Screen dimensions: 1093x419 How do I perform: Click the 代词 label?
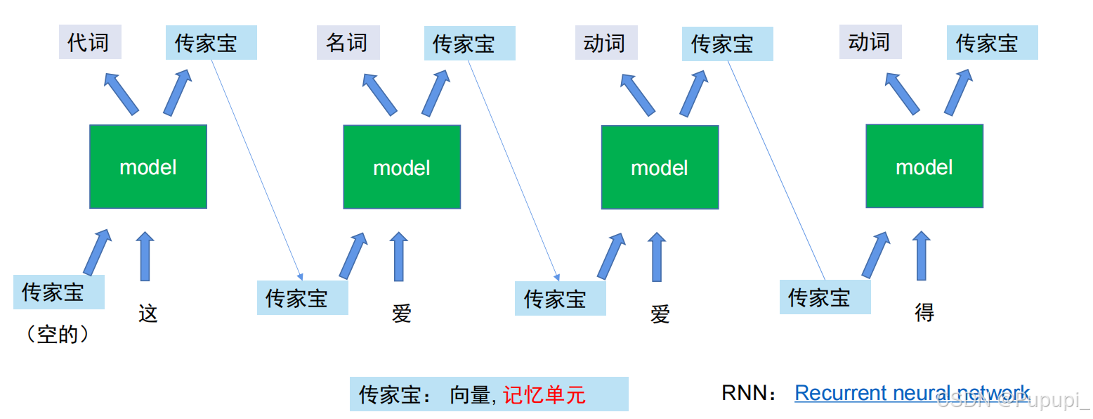click(90, 42)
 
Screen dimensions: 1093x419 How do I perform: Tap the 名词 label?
click(348, 42)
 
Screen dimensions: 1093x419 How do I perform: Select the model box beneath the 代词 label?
click(148, 167)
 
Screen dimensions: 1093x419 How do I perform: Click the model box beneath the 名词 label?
click(402, 167)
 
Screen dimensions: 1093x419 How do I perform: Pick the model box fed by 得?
click(924, 166)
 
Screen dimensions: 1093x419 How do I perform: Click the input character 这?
click(148, 313)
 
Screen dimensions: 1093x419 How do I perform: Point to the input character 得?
click(924, 312)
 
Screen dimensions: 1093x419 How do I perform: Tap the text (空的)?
click(58, 335)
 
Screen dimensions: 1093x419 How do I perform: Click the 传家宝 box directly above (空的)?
click(58, 292)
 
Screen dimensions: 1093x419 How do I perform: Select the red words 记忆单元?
click(544, 394)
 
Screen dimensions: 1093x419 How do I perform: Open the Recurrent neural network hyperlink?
click(912, 392)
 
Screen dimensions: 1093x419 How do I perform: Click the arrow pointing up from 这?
click(145, 257)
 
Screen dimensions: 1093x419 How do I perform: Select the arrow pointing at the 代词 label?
click(121, 94)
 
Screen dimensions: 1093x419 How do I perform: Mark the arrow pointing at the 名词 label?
click(379, 94)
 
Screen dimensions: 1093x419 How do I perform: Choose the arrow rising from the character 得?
click(921, 255)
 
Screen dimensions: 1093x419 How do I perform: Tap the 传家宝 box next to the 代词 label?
click(211, 42)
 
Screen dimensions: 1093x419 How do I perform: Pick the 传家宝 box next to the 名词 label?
click(470, 43)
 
